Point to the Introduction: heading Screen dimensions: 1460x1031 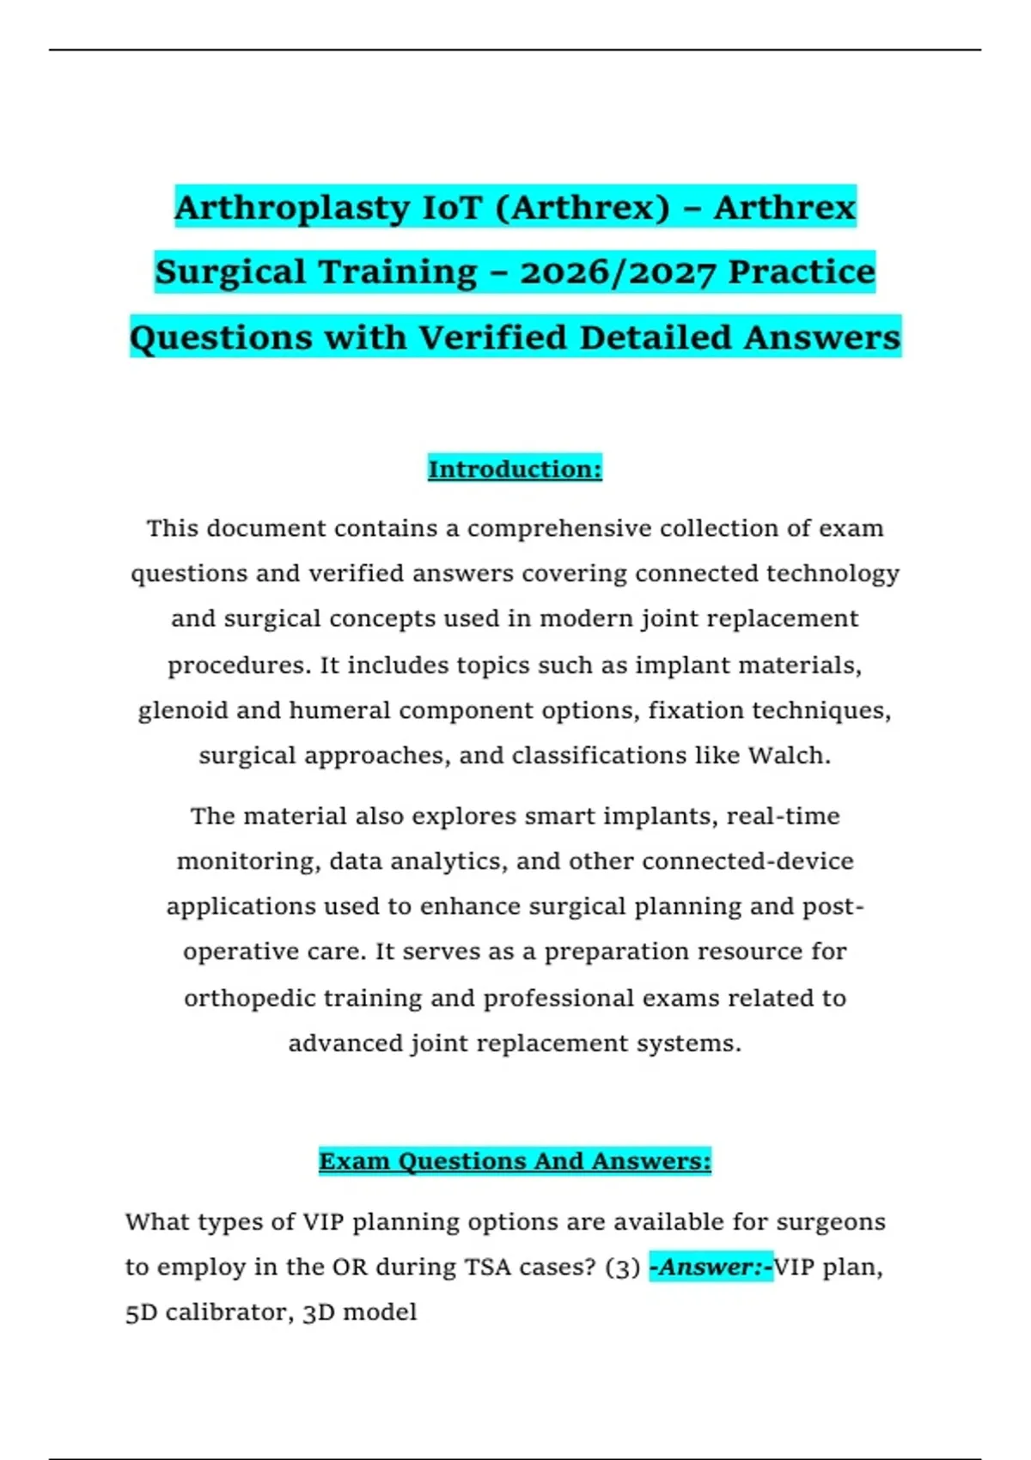(515, 469)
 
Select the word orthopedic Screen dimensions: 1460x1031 (240, 998)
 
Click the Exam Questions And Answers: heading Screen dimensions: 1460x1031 (515, 1161)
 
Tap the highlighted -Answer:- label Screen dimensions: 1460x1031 (711, 1268)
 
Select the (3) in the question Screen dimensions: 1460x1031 (622, 1268)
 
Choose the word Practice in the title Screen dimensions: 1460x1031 (801, 272)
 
